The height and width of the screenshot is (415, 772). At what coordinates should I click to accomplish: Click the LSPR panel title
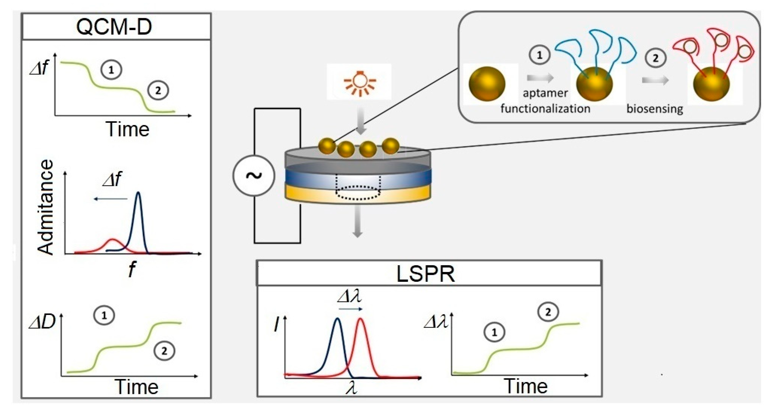[425, 273]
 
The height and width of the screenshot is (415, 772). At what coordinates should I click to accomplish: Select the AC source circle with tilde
[254, 176]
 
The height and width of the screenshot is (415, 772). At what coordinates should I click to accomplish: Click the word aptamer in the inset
[545, 93]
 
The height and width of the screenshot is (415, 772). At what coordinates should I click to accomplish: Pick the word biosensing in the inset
[655, 109]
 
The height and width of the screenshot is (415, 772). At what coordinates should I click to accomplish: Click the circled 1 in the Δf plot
[111, 70]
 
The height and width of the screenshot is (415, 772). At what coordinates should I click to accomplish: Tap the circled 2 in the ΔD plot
[164, 351]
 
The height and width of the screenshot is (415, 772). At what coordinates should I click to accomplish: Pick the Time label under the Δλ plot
[526, 386]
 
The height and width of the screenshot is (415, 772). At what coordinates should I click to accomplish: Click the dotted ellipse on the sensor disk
[358, 192]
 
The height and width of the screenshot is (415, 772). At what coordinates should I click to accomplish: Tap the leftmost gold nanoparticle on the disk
[327, 146]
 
